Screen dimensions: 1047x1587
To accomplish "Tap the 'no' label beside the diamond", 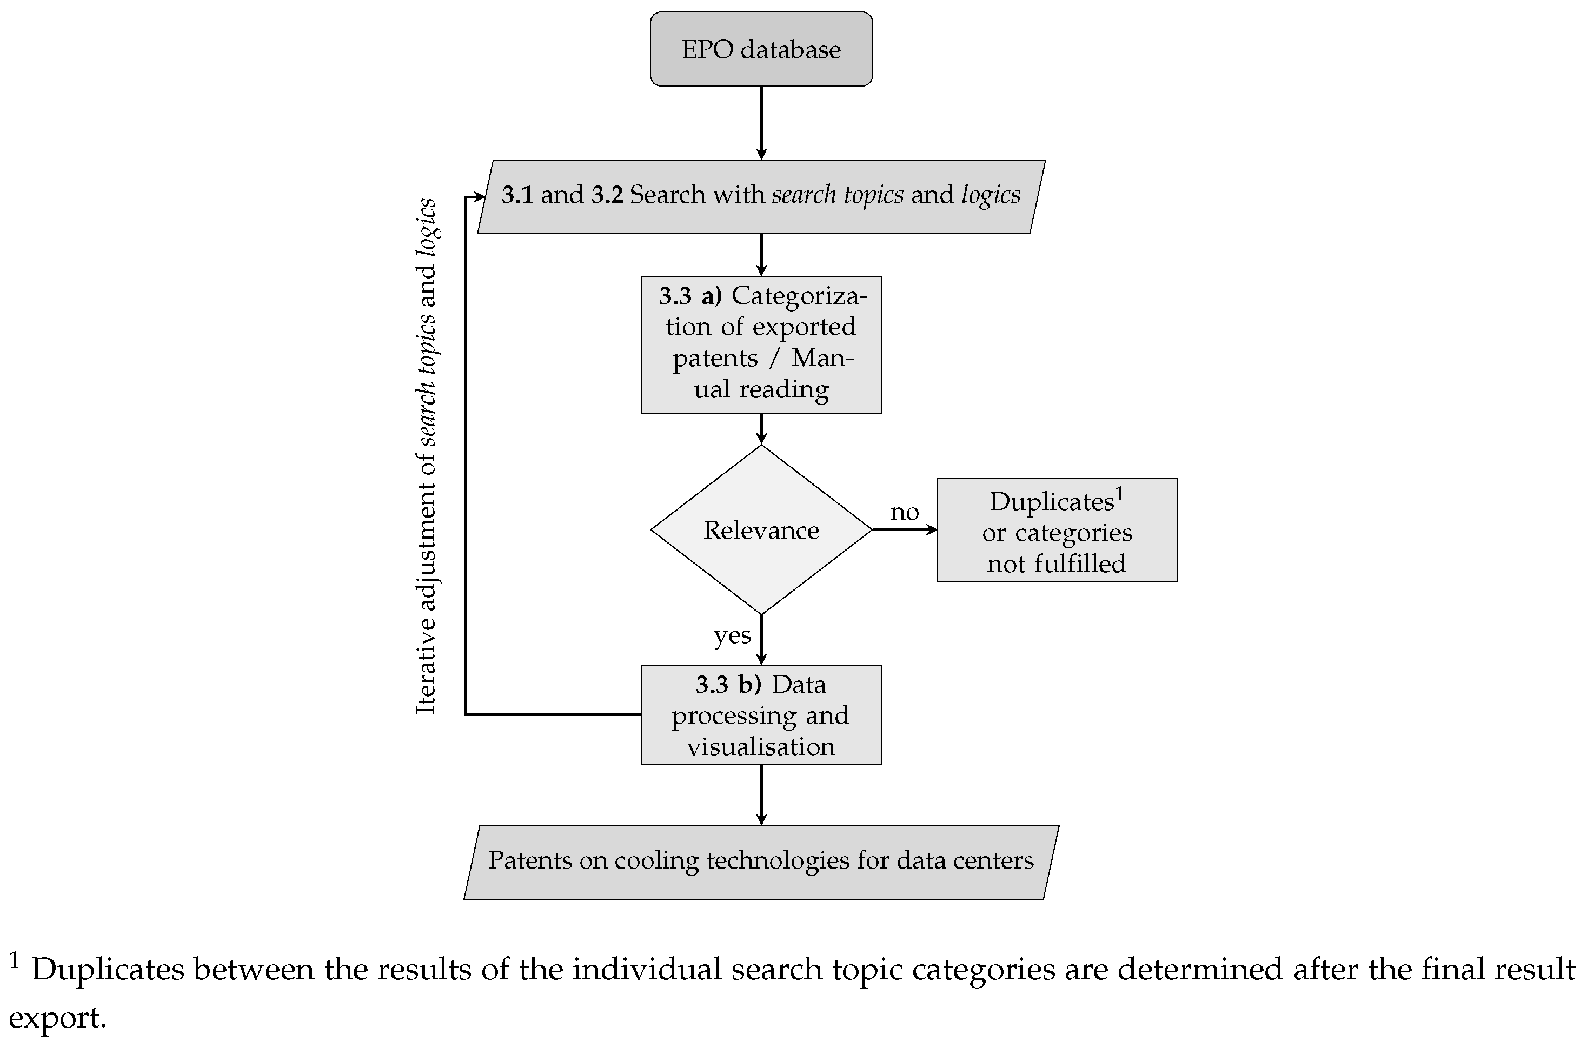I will tap(904, 512).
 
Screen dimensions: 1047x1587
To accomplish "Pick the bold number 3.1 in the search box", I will tap(517, 195).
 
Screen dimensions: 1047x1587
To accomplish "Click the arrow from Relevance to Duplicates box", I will tap(904, 529).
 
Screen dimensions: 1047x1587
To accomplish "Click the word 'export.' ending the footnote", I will tap(57, 1018).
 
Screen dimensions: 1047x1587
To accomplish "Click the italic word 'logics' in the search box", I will tap(990, 195).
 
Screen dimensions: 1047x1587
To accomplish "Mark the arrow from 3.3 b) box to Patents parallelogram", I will tap(761, 794).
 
